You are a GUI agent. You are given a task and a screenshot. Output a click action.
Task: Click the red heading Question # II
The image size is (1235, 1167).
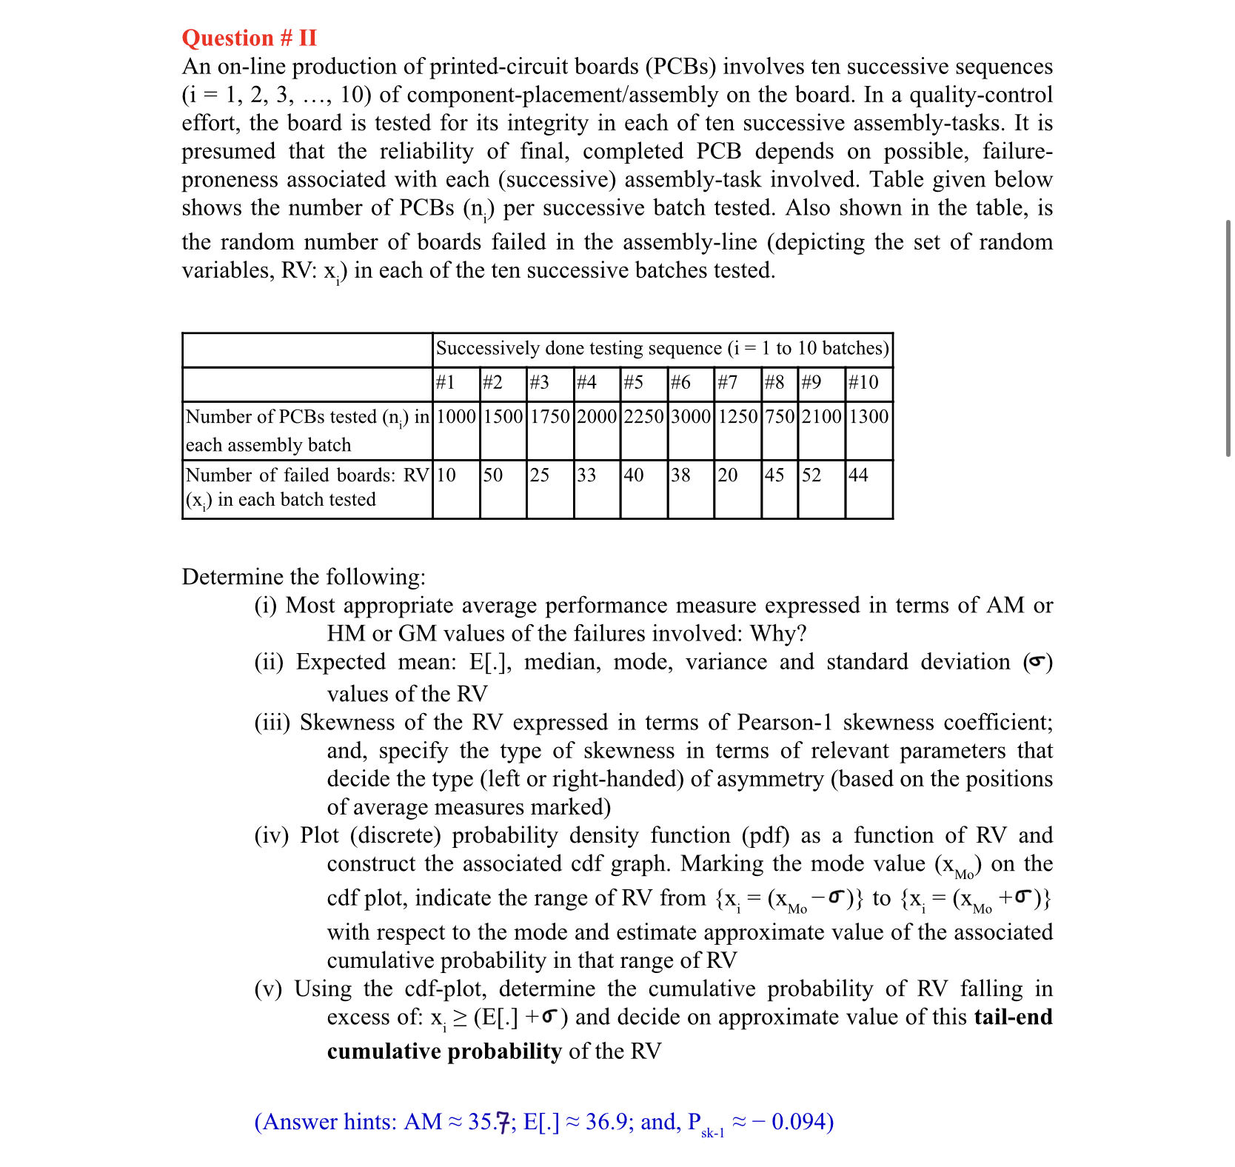click(249, 38)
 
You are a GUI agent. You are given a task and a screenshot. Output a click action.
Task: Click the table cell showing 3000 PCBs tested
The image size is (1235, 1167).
click(690, 417)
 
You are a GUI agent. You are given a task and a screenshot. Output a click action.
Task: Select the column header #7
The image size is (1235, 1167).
click(728, 383)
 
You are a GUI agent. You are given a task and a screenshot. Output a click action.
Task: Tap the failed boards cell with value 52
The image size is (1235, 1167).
click(811, 475)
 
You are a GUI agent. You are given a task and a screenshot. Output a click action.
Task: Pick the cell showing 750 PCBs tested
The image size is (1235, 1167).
click(780, 417)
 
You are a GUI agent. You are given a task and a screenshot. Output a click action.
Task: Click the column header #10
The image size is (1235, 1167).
click(863, 383)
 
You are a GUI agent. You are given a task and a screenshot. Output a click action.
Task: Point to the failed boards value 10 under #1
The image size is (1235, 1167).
click(446, 475)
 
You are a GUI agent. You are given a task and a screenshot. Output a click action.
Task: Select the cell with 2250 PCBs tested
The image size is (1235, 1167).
click(643, 417)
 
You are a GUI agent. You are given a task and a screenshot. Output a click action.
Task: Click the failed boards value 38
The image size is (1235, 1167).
click(680, 475)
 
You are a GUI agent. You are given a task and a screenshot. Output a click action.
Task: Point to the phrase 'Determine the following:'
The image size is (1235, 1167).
click(304, 577)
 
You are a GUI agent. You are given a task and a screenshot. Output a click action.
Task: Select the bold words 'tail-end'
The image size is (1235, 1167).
click(1013, 1017)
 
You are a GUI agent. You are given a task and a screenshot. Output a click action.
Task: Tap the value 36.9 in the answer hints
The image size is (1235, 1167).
click(606, 1122)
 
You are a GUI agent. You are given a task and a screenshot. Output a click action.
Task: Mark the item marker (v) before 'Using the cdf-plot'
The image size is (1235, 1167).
click(268, 989)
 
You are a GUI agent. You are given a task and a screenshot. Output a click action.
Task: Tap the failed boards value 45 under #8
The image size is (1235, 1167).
click(774, 475)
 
